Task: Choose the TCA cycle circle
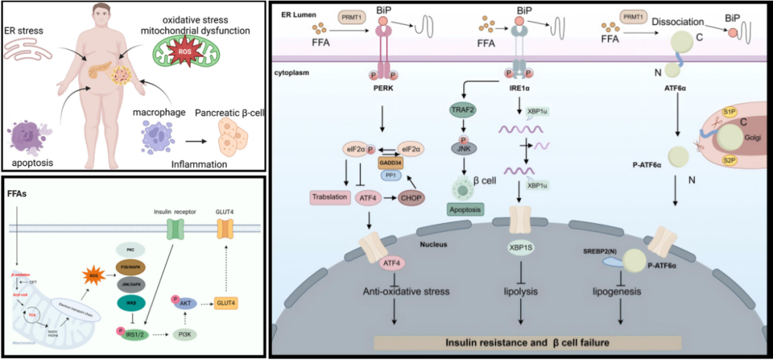pos(31,313)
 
